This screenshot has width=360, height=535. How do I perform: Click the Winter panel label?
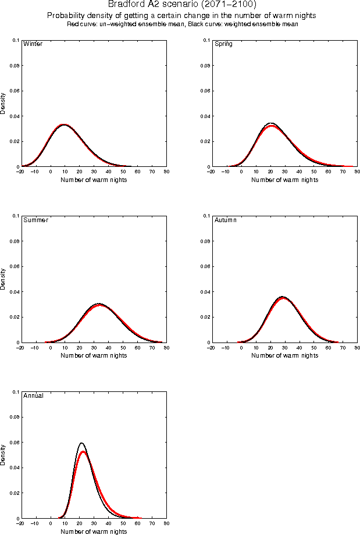[x=33, y=44]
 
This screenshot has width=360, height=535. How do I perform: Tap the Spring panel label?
[x=223, y=44]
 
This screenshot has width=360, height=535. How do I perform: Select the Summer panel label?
[x=35, y=220]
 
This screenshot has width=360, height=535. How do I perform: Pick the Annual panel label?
[x=33, y=396]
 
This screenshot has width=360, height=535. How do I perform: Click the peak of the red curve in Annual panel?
[x=84, y=452]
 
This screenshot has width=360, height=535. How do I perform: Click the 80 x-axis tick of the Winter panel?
[x=166, y=172]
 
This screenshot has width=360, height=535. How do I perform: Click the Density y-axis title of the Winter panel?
[x=3, y=103]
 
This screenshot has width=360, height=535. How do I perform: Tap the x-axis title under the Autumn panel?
[x=284, y=355]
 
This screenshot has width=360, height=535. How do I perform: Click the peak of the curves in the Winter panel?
[x=63, y=124]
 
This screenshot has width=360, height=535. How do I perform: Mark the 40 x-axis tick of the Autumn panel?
[x=299, y=348]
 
